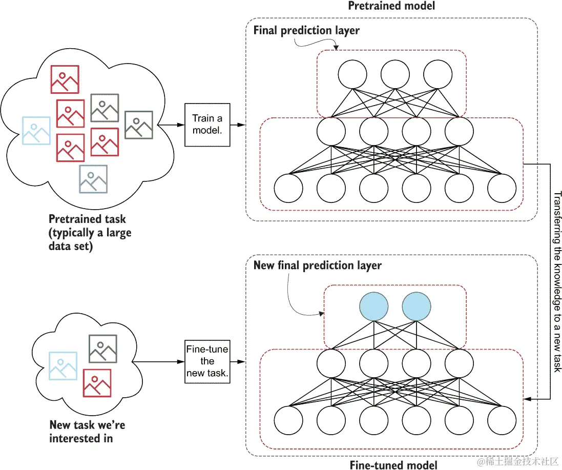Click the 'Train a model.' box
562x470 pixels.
207,125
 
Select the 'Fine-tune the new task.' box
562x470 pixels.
207,362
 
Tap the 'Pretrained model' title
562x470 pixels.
391,6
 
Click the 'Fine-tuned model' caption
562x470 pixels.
393,464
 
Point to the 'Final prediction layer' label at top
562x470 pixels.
306,30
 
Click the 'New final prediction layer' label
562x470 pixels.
317,265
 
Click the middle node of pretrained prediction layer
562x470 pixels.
395,74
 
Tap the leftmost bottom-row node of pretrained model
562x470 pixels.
288,189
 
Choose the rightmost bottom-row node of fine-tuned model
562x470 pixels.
502,421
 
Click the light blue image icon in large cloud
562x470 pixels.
36,131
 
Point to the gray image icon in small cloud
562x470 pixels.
102,349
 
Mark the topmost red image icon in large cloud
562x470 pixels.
65,79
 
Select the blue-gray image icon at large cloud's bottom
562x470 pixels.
93,178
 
